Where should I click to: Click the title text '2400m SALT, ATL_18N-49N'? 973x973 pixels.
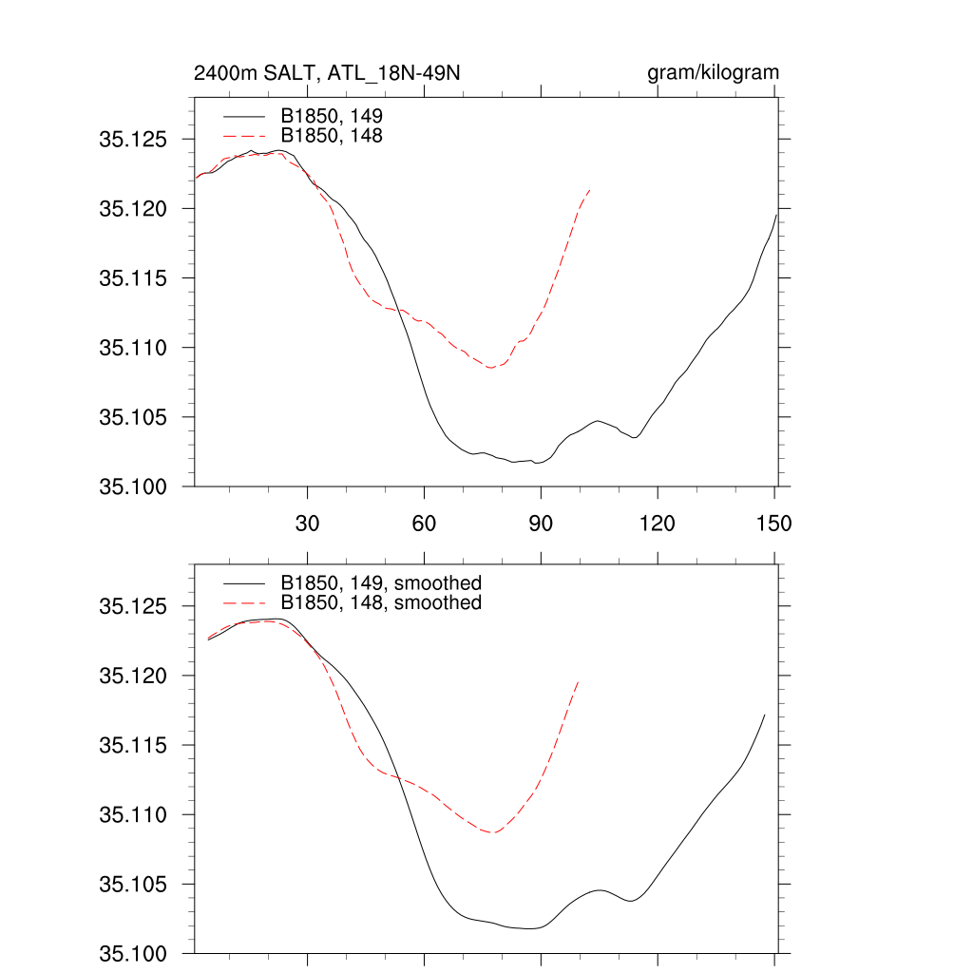coord(328,73)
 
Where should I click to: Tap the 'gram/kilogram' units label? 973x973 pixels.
coord(713,73)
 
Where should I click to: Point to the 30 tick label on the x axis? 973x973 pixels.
coord(307,523)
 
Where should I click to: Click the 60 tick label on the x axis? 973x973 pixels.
coord(424,523)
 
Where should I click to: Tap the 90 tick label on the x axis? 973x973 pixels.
coord(541,523)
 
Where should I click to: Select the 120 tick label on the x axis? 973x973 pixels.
coord(657,523)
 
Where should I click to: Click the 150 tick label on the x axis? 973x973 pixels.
coord(773,523)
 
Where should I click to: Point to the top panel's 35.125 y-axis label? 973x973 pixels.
coord(133,139)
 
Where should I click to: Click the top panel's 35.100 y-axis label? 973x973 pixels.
coord(133,486)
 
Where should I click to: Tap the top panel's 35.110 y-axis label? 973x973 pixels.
coord(133,348)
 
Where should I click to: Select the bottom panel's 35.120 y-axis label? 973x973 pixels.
coord(133,676)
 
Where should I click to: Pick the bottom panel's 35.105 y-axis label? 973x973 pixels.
coord(133,885)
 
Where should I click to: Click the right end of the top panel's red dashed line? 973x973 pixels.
coord(591,190)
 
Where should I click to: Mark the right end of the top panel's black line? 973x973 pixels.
coord(776,214)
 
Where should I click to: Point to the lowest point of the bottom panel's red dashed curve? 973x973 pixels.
coord(492,832)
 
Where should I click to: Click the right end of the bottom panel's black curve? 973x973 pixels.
coord(764,715)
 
